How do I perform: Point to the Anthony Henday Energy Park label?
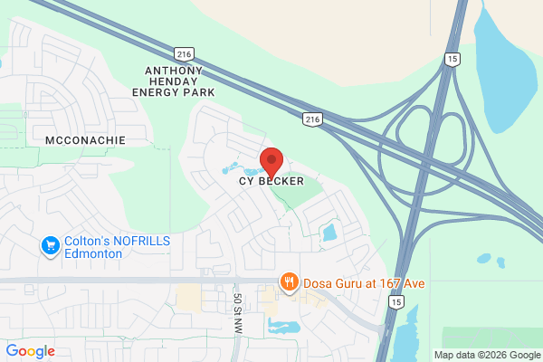point(173,81)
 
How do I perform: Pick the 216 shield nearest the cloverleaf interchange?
point(311,119)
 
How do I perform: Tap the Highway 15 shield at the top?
point(451,59)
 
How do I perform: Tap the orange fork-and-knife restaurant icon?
point(290,282)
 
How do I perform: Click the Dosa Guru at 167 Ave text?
point(363,283)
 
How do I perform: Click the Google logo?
point(30,351)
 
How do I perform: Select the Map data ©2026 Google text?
point(486,354)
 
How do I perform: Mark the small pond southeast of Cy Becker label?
point(329,233)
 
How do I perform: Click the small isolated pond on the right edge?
point(501,262)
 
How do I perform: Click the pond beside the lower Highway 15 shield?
point(409,326)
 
